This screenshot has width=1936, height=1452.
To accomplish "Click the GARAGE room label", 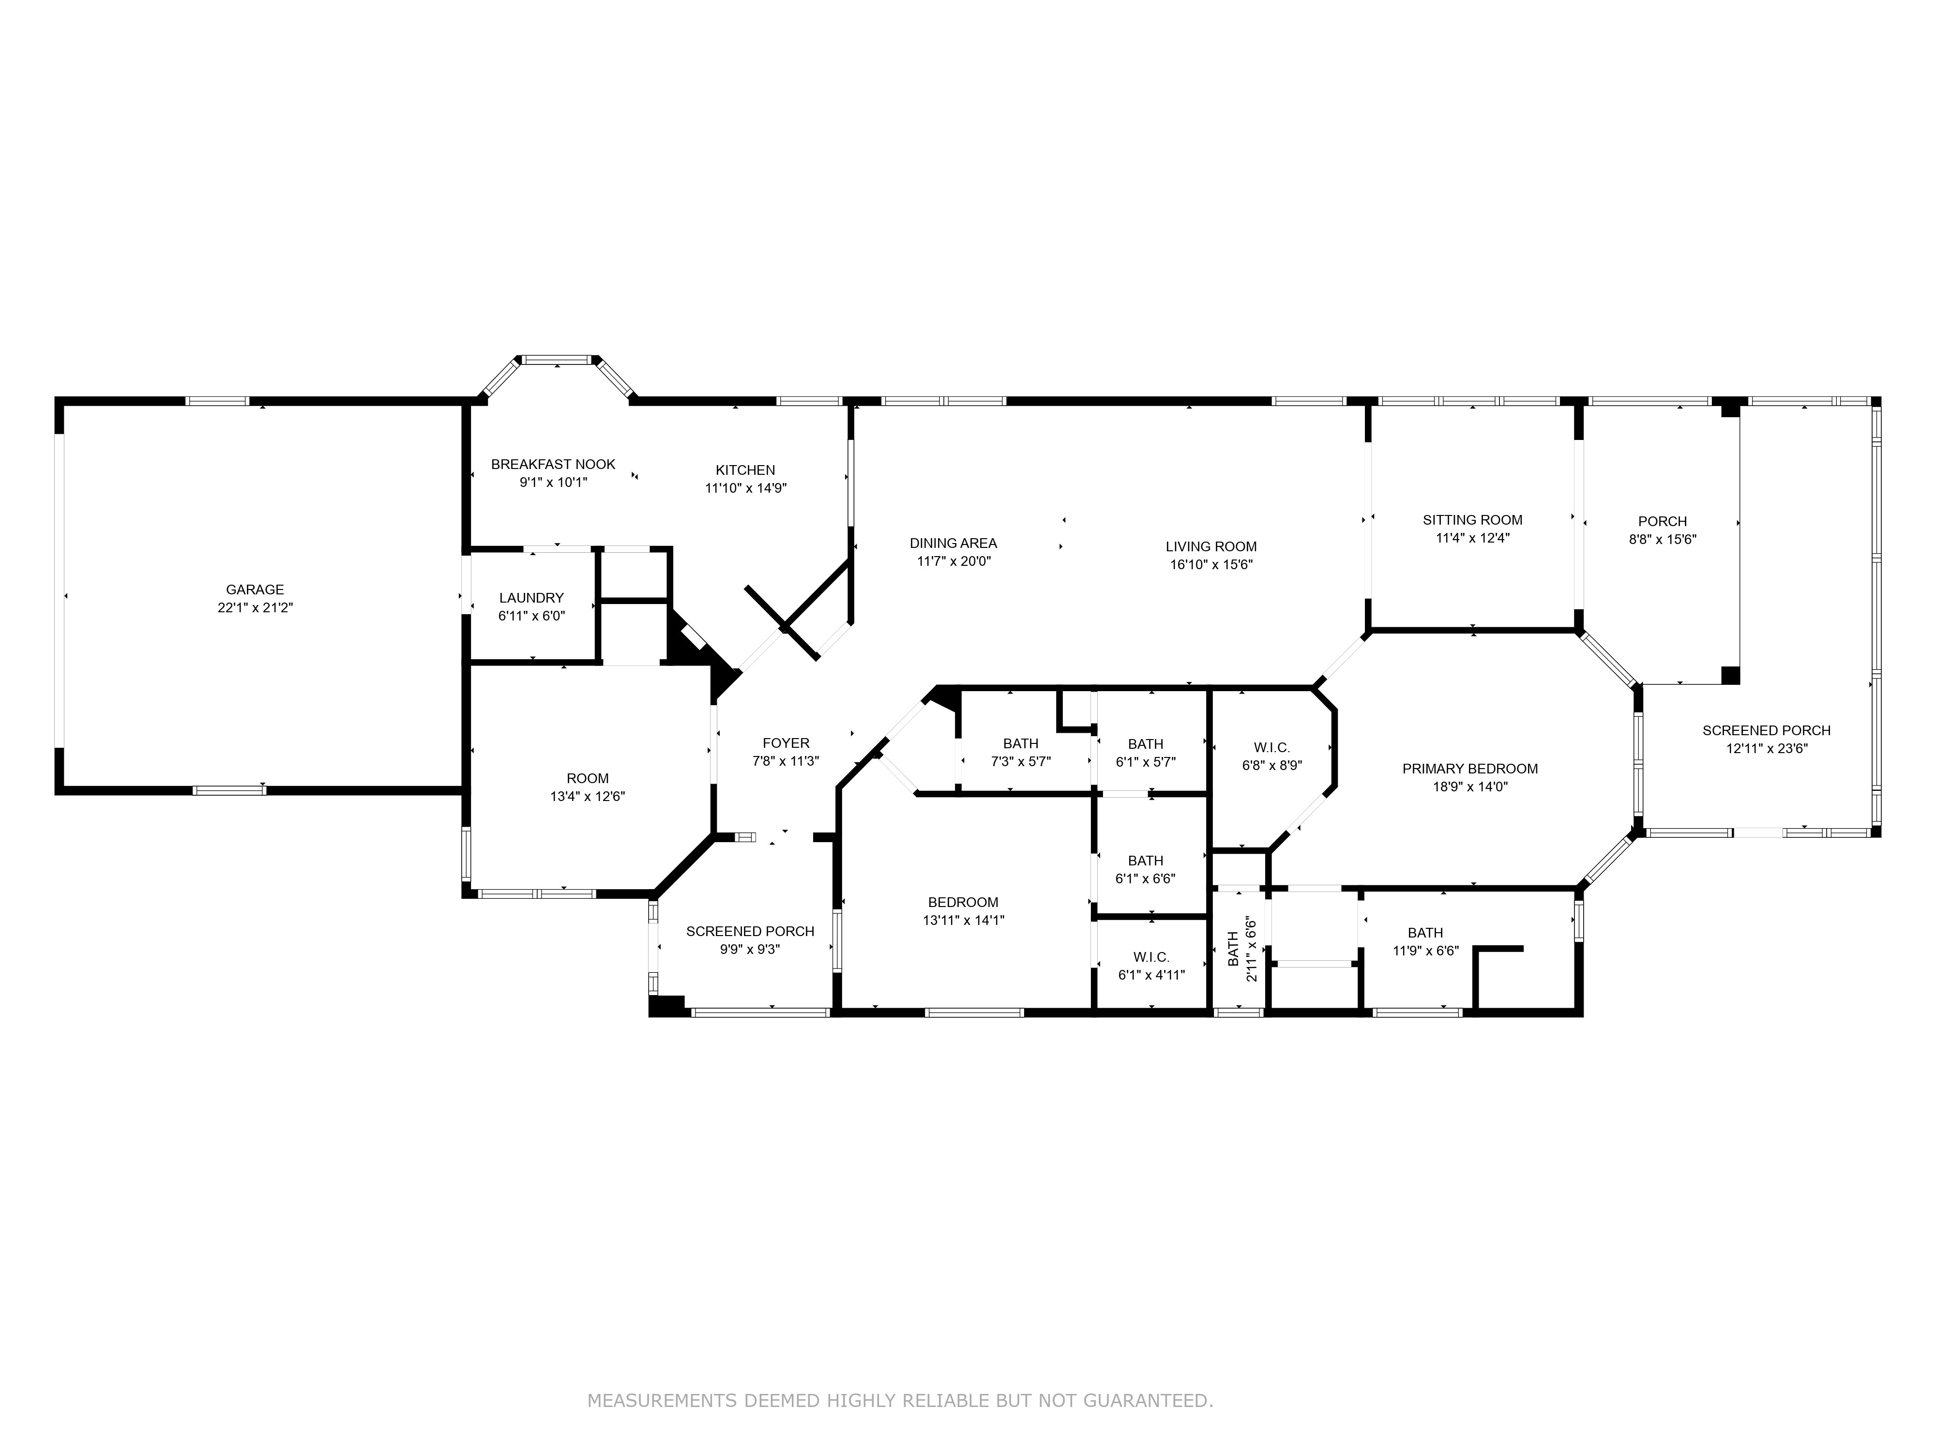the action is (255, 590).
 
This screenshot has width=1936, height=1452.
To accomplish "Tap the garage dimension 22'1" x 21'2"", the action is (255, 607).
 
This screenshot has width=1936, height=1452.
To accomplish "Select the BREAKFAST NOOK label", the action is (553, 465).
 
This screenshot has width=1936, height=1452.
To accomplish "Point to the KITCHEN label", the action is (746, 470).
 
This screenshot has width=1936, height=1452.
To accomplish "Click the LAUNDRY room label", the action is (531, 598).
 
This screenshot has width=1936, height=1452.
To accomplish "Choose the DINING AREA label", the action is (953, 544).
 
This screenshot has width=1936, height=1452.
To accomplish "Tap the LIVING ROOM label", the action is (1211, 547).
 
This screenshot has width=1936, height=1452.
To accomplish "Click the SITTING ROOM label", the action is (1473, 520).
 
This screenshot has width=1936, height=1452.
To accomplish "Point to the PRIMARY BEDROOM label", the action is (1470, 770).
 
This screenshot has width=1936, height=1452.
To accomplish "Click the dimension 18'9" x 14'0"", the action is (1470, 787).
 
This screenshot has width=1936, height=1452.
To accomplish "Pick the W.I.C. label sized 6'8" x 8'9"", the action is (1271, 747).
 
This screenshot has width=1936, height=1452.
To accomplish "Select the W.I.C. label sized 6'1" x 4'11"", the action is (1151, 957).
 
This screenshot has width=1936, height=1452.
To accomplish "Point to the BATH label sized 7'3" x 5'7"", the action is (1020, 744).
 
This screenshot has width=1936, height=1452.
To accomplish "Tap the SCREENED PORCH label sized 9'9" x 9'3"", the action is (750, 931).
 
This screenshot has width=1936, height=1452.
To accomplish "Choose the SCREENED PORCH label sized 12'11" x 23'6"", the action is (1766, 731).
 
